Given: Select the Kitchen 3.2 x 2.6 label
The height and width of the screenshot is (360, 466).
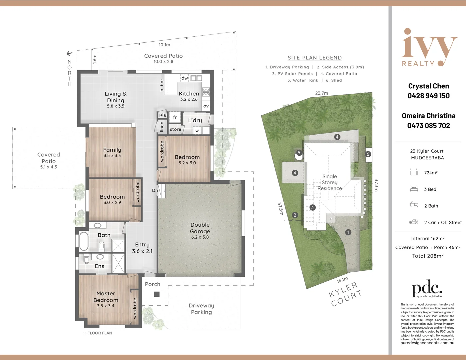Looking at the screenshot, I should click(x=189, y=96).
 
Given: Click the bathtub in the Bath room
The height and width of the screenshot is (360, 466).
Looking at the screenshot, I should click(x=84, y=241).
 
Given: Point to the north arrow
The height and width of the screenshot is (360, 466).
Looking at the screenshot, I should click(x=69, y=53).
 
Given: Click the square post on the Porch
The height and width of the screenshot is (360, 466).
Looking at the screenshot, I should click(x=157, y=294).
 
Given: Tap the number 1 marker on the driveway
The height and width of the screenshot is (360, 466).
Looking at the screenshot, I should click(x=348, y=232).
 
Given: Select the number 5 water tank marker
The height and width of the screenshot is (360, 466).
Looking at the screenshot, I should click(x=299, y=153).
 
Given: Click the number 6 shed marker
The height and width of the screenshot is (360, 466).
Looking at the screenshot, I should click(x=368, y=154).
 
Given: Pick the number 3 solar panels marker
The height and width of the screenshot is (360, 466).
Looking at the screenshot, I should click(x=312, y=207).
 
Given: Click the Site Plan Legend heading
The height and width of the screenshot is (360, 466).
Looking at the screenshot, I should click(x=315, y=58).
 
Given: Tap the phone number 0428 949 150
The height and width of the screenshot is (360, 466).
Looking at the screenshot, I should click(x=428, y=96).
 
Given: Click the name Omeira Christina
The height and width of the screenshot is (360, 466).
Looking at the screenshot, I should click(x=428, y=116).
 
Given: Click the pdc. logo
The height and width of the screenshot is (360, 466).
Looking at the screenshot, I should click(x=427, y=288).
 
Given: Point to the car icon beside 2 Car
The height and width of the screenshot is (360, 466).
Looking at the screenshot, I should click(x=414, y=222).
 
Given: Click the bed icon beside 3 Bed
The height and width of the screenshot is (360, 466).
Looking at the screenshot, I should click(x=414, y=189).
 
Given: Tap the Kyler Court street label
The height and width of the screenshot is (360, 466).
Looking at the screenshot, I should click(x=345, y=294).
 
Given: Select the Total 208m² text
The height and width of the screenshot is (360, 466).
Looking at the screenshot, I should click(x=428, y=256).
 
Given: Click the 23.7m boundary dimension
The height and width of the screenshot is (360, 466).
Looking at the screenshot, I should click(x=321, y=93).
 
